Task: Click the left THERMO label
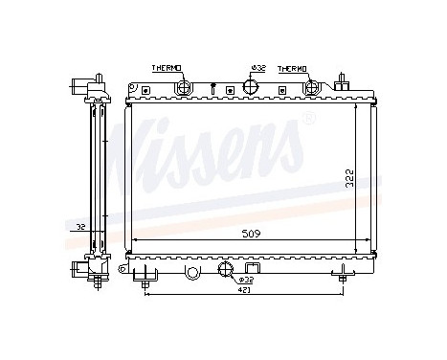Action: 169,69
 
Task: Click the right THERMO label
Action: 293,69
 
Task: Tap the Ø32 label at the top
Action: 257,69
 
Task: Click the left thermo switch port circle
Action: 184,88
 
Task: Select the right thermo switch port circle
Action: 311,87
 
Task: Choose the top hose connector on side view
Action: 79,84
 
